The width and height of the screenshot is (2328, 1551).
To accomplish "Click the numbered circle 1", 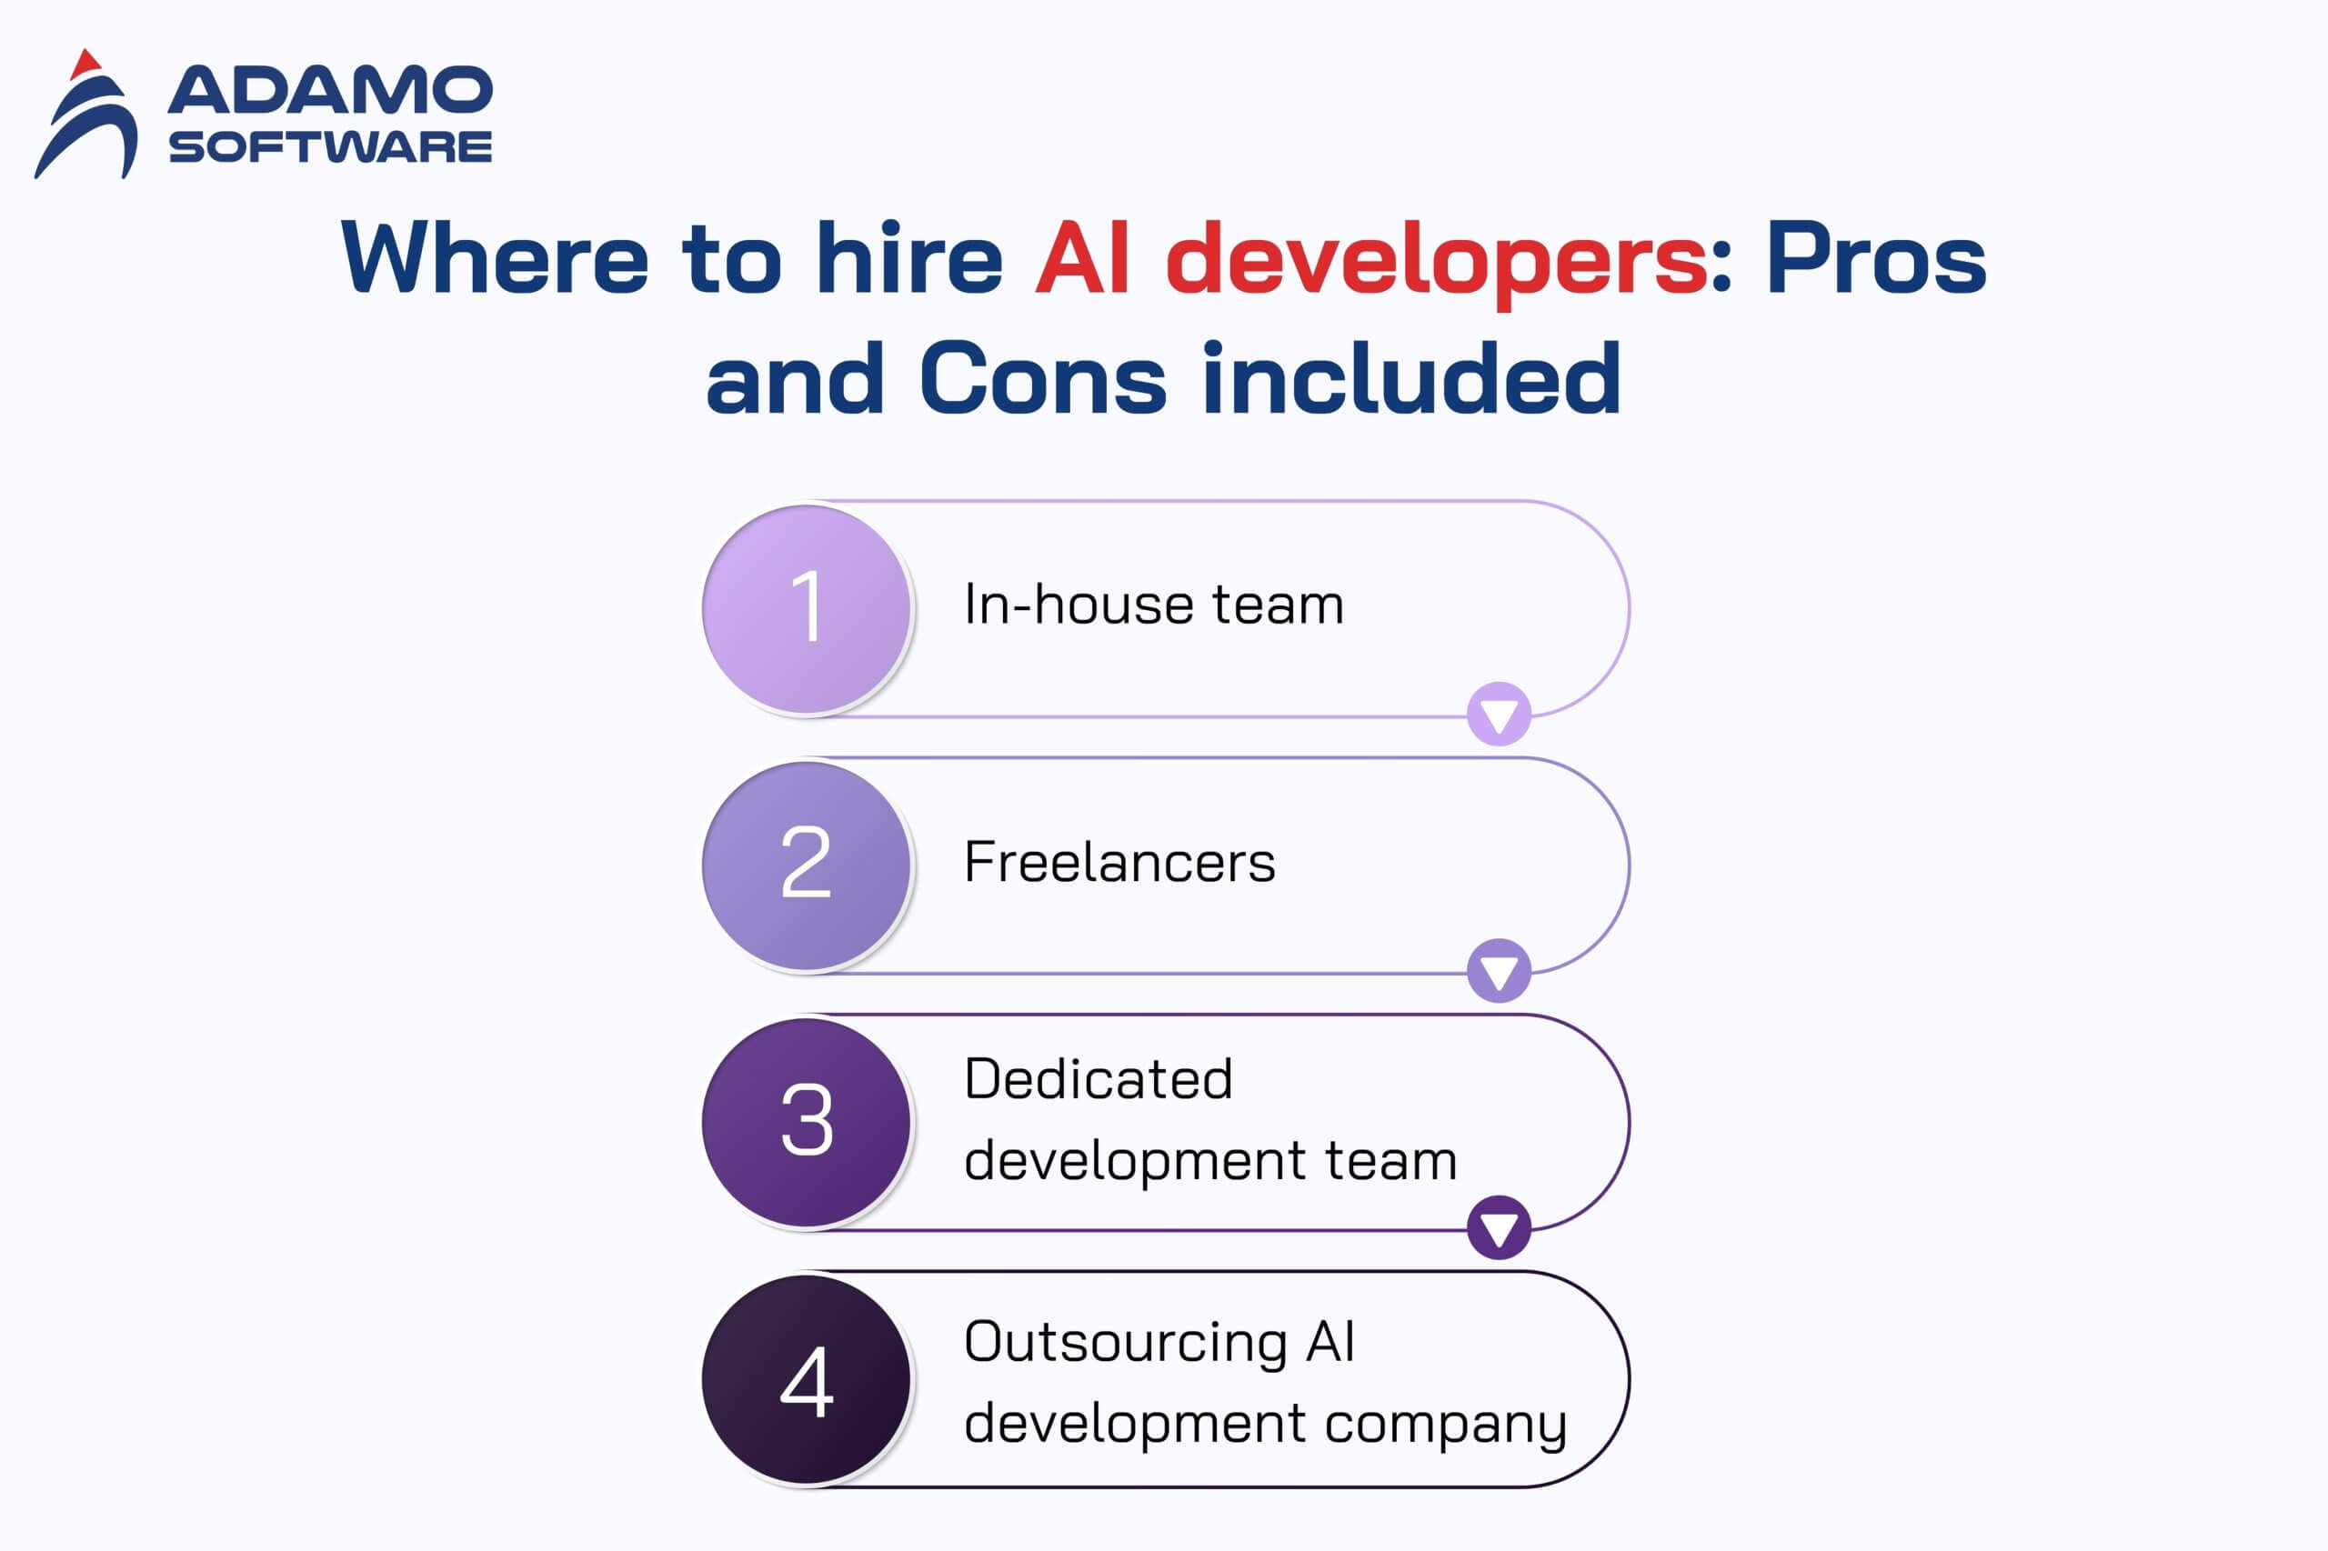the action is [806, 608].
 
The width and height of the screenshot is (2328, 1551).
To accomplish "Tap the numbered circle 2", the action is [806, 865].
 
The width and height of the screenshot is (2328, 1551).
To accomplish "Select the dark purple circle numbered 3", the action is [806, 1122].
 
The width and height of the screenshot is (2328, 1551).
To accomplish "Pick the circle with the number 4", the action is [806, 1379].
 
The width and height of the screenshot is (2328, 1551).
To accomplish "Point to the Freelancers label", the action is [1119, 862].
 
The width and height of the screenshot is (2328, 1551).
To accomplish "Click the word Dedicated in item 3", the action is [1099, 1077].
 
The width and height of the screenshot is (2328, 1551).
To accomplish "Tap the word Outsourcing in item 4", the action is [1125, 1341].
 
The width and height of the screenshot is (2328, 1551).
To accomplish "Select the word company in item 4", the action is [1446, 1426].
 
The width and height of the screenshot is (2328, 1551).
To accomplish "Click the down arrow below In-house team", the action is [1499, 715].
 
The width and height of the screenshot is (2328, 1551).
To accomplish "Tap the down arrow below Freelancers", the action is [1499, 970].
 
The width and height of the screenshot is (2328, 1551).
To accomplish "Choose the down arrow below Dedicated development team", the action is [1499, 1227].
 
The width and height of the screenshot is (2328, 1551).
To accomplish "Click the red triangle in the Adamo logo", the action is [85, 65].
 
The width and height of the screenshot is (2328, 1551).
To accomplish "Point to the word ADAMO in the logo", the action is [330, 90].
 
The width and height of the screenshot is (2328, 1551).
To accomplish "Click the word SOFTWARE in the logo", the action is [330, 147].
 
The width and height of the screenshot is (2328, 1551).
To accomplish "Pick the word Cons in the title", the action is [1044, 377].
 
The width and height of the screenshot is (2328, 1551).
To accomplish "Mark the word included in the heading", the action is [1412, 375].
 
